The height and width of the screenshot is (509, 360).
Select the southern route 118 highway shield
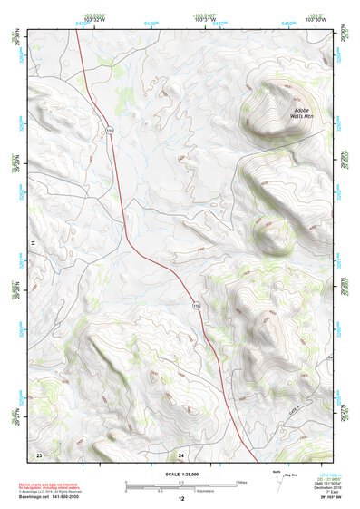pos(196,308)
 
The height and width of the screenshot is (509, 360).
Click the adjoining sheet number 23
pos(39,452)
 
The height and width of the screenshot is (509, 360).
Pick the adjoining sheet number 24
pos(180,453)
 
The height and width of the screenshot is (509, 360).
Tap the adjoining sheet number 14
pos(32,244)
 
